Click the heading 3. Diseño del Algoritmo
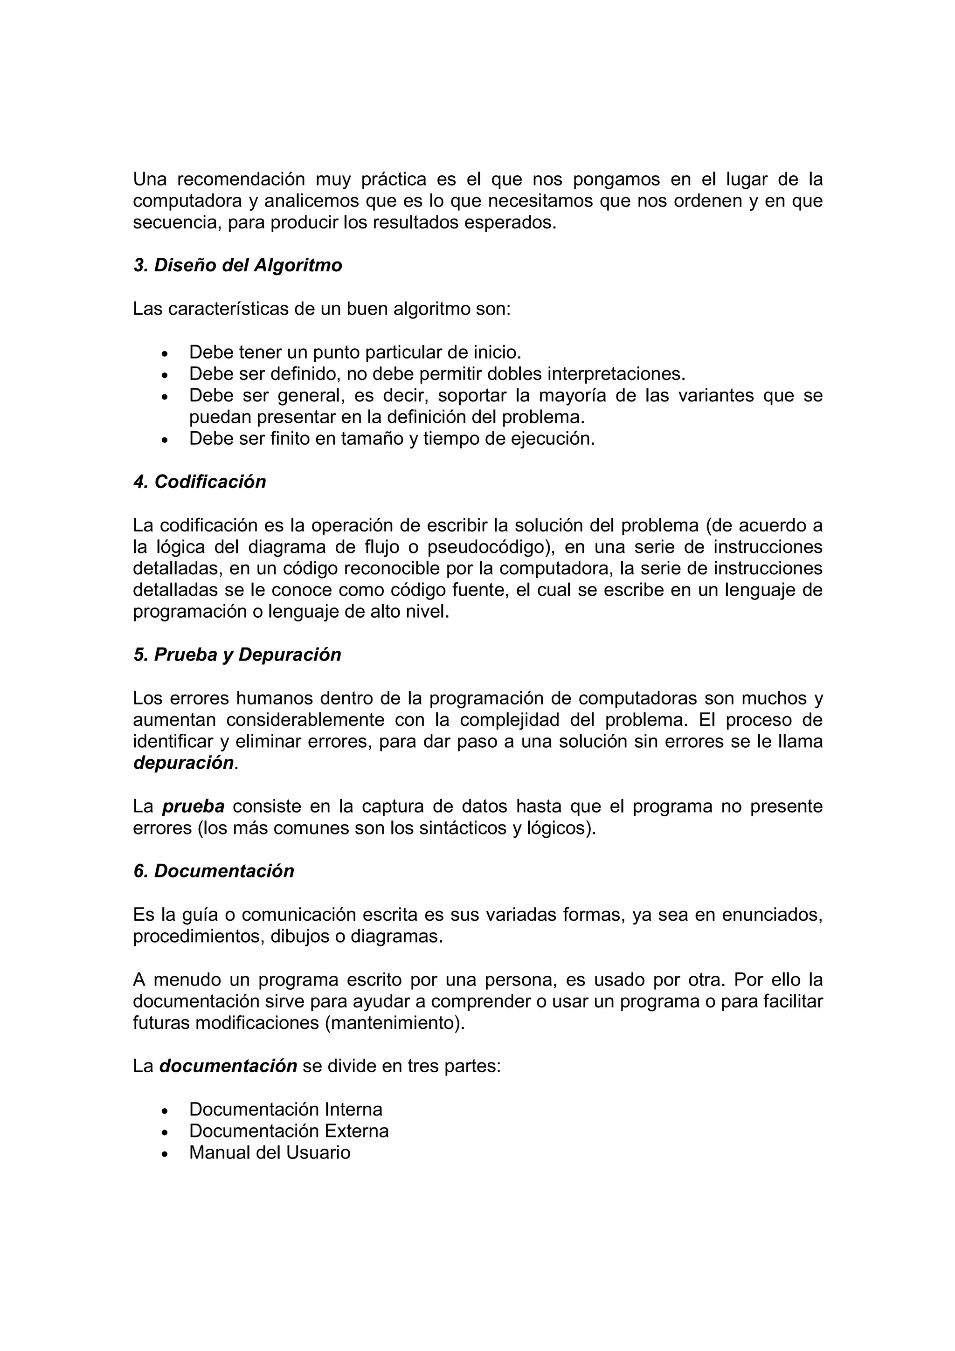pos(238,265)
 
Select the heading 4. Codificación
pos(200,482)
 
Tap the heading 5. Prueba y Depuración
pos(237,655)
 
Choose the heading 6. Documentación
pos(214,871)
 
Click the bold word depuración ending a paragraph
pos(184,763)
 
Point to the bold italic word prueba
pos(193,806)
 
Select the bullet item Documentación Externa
pos(288,1131)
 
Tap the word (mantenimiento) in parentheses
pos(394,1023)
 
